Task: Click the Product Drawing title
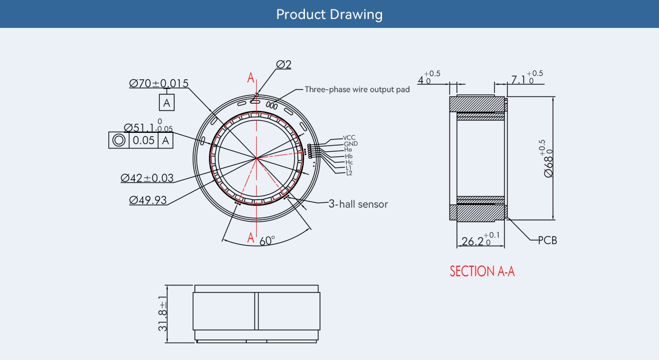tap(329, 15)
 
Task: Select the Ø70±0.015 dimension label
tap(159, 83)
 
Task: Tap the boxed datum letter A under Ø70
tap(166, 103)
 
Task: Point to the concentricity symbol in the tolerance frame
tap(119, 140)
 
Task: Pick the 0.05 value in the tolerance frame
tap(144, 140)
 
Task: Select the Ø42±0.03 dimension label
tap(147, 178)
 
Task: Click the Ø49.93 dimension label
tap(148, 200)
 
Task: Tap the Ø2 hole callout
tap(284, 64)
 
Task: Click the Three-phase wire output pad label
tap(357, 89)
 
